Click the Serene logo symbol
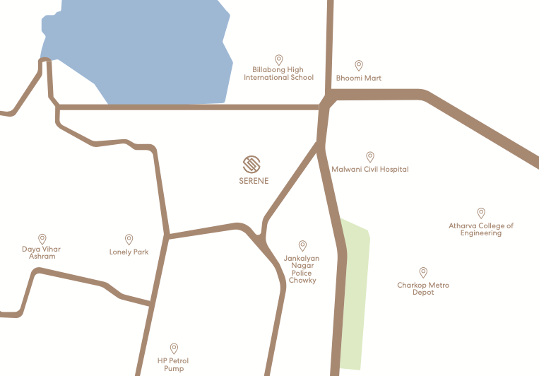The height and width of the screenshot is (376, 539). tap(252, 164)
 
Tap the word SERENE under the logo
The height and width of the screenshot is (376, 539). tap(254, 181)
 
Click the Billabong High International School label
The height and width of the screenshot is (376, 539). tap(278, 74)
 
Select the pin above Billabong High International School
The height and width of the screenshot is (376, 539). tap(279, 59)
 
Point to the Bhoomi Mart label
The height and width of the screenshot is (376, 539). tap(358, 78)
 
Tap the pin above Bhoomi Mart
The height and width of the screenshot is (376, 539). tap(359, 64)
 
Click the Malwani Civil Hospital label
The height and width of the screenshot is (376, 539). tap(370, 170)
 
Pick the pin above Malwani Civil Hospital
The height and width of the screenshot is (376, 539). tap(369, 156)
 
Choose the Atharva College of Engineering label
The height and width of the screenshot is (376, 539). tap(481, 229)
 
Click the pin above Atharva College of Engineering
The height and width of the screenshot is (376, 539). tap(481, 212)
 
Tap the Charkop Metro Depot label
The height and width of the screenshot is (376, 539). tap(423, 288)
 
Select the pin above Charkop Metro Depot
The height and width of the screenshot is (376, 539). tap(423, 271)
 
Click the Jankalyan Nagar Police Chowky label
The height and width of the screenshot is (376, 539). tap(302, 269)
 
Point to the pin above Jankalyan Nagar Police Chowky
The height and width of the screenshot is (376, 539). tap(302, 245)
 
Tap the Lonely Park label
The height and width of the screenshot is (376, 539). tap(129, 252)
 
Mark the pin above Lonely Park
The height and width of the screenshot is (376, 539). tap(129, 239)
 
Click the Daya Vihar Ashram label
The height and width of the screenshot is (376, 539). tap(42, 252)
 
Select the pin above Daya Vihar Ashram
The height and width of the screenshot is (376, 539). tap(42, 239)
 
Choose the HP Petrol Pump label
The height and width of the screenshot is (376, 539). tap(174, 365)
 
